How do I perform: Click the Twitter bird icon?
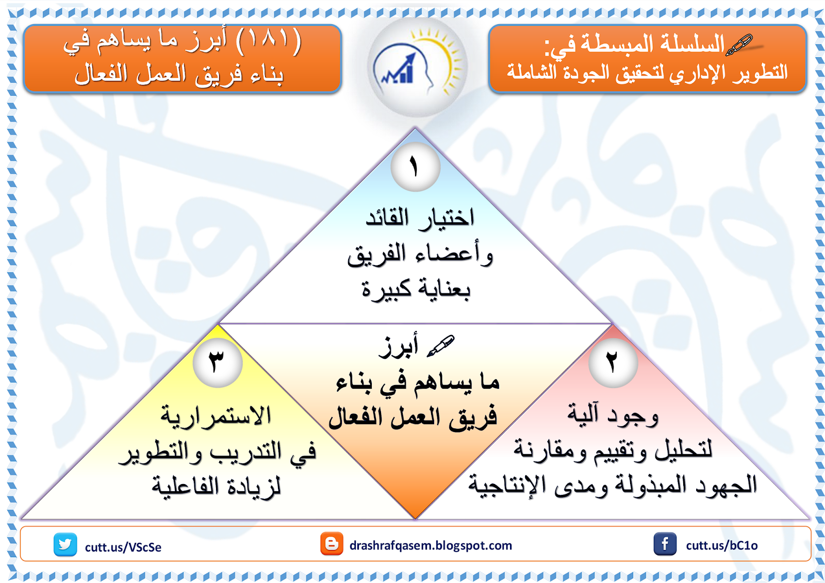tap(65, 544)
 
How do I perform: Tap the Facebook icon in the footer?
tap(665, 544)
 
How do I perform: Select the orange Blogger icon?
tap(332, 543)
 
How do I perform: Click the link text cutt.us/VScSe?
tap(123, 547)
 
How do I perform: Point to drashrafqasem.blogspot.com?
tap(431, 545)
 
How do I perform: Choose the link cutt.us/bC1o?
tap(722, 545)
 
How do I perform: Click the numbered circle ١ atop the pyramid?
tap(416, 167)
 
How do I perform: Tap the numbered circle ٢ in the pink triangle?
tap(613, 363)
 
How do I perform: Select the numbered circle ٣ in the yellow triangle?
tap(218, 363)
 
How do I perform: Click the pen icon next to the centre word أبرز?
tap(441, 346)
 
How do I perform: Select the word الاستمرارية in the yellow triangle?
tap(216, 416)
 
